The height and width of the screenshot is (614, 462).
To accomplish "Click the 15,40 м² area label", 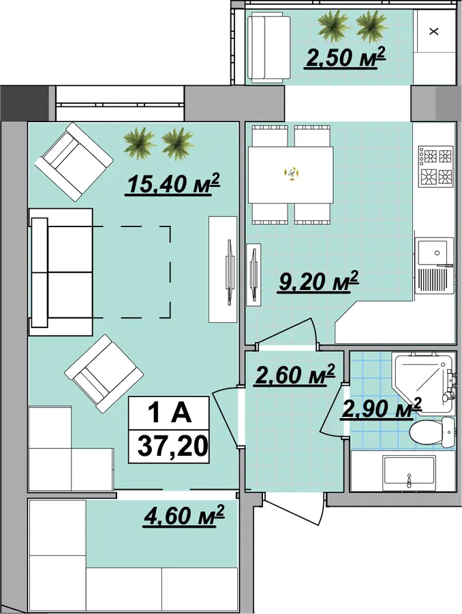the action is pyautogui.click(x=173, y=184).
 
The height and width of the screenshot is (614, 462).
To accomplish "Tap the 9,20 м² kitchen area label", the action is pyautogui.click(x=318, y=281).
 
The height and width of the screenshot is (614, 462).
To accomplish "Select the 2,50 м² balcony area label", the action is pyautogui.click(x=345, y=57).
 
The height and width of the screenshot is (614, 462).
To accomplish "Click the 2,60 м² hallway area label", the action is pyautogui.click(x=294, y=375).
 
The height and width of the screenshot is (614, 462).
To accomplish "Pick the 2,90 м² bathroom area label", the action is pyautogui.click(x=381, y=408).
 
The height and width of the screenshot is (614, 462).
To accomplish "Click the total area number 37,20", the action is pyautogui.click(x=172, y=446).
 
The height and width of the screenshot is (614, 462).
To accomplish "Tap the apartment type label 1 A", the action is pyautogui.click(x=170, y=413).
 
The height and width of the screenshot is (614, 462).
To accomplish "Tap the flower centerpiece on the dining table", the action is pyautogui.click(x=291, y=173).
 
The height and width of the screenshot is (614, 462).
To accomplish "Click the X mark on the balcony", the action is pyautogui.click(x=433, y=31).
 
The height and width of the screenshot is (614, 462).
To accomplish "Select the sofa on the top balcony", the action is pyautogui.click(x=269, y=47).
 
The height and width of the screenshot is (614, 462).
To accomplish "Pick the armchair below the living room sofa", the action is pyautogui.click(x=104, y=373).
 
